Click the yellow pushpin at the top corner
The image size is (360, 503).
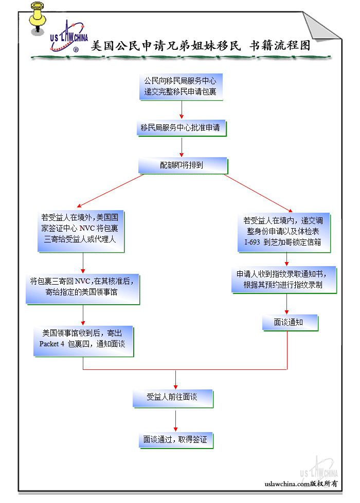pos(37,16)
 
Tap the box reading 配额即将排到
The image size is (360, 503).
pos(181,165)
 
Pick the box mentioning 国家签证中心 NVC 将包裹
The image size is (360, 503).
pos(80,231)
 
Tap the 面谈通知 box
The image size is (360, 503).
pos(289,323)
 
